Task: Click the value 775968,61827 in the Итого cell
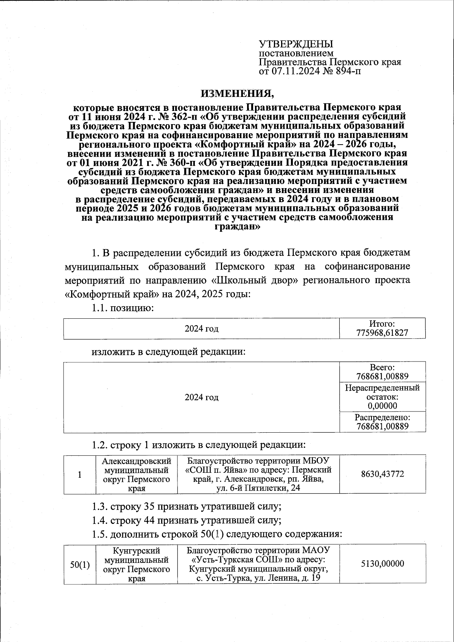tap(382, 333)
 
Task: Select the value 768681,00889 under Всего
tap(382, 376)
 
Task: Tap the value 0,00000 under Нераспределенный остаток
tap(382, 406)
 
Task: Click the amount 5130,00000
tap(382, 563)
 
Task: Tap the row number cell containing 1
tap(79, 475)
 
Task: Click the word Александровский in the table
tap(137, 461)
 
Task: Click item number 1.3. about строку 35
tap(100, 506)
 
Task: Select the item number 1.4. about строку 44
tap(100, 520)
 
